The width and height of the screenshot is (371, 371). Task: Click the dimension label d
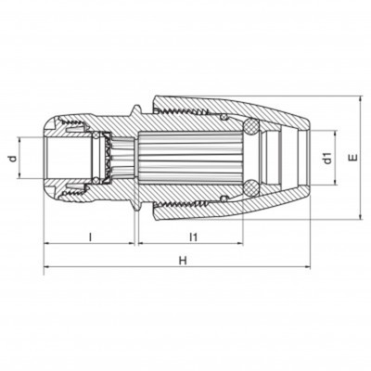coord(13,159)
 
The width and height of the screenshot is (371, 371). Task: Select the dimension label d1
coord(327,158)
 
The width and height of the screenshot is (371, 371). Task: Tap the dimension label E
coord(353,158)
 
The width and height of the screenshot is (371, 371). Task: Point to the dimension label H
coord(183,261)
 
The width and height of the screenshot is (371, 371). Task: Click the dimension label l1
coord(193,237)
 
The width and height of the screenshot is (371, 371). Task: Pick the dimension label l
coord(90,237)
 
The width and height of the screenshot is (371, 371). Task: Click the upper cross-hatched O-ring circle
coord(250,127)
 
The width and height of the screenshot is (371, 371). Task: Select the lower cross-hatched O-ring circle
coord(250,187)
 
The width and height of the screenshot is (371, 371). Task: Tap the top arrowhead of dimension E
coord(360,99)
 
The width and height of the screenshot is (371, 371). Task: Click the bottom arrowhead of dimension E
coord(360,216)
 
